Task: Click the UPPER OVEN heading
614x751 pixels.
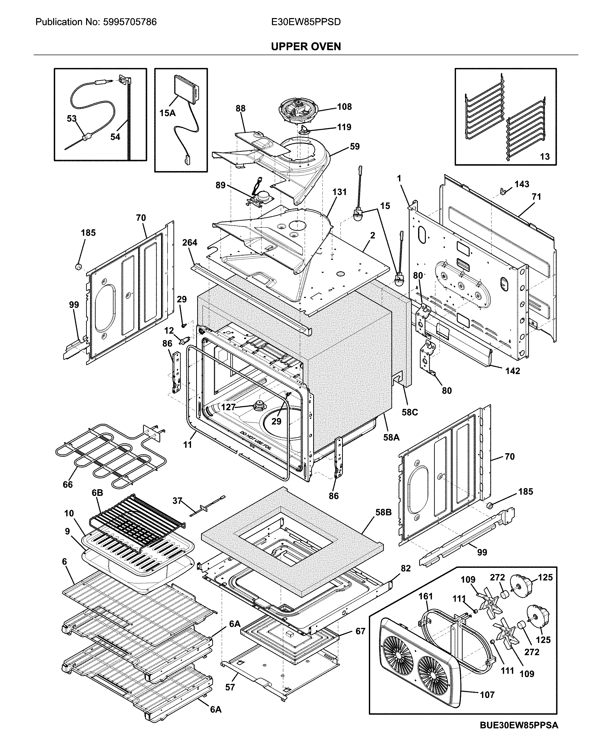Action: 306,46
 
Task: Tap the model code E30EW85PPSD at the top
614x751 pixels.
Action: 306,22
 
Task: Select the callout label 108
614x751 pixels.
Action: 344,107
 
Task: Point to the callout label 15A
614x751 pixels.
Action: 168,113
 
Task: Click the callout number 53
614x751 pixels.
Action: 72,119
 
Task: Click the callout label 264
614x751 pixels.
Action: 190,242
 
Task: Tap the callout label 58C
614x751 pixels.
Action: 410,412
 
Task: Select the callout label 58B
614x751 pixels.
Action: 383,512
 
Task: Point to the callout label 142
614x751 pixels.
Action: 512,371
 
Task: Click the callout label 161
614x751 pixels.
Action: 426,596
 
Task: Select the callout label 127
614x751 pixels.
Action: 228,407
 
